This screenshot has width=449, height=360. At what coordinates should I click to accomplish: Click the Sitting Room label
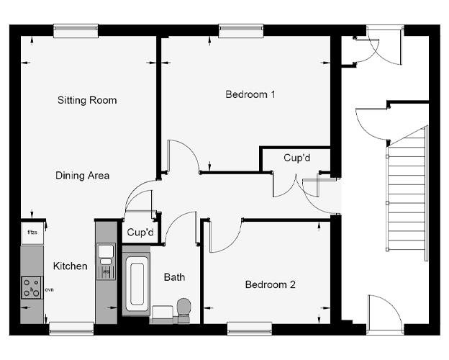87,100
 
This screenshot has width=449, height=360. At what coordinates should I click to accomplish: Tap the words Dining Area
83,175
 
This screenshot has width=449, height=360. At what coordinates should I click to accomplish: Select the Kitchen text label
71,266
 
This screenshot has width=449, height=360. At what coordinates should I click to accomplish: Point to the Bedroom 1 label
250,94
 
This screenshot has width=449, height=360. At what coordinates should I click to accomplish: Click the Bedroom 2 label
271,284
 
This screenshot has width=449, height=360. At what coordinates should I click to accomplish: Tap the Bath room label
174,276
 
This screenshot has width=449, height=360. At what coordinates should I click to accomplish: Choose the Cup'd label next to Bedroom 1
296,158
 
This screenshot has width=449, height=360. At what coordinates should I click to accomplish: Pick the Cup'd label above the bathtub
140,233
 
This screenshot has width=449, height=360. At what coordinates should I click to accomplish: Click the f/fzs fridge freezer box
32,233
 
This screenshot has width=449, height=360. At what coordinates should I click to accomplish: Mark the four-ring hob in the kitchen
32,288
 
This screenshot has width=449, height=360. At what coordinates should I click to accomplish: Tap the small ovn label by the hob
50,289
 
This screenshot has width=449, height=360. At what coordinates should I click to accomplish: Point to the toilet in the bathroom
183,307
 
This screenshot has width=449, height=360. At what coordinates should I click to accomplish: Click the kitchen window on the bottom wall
71,329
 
